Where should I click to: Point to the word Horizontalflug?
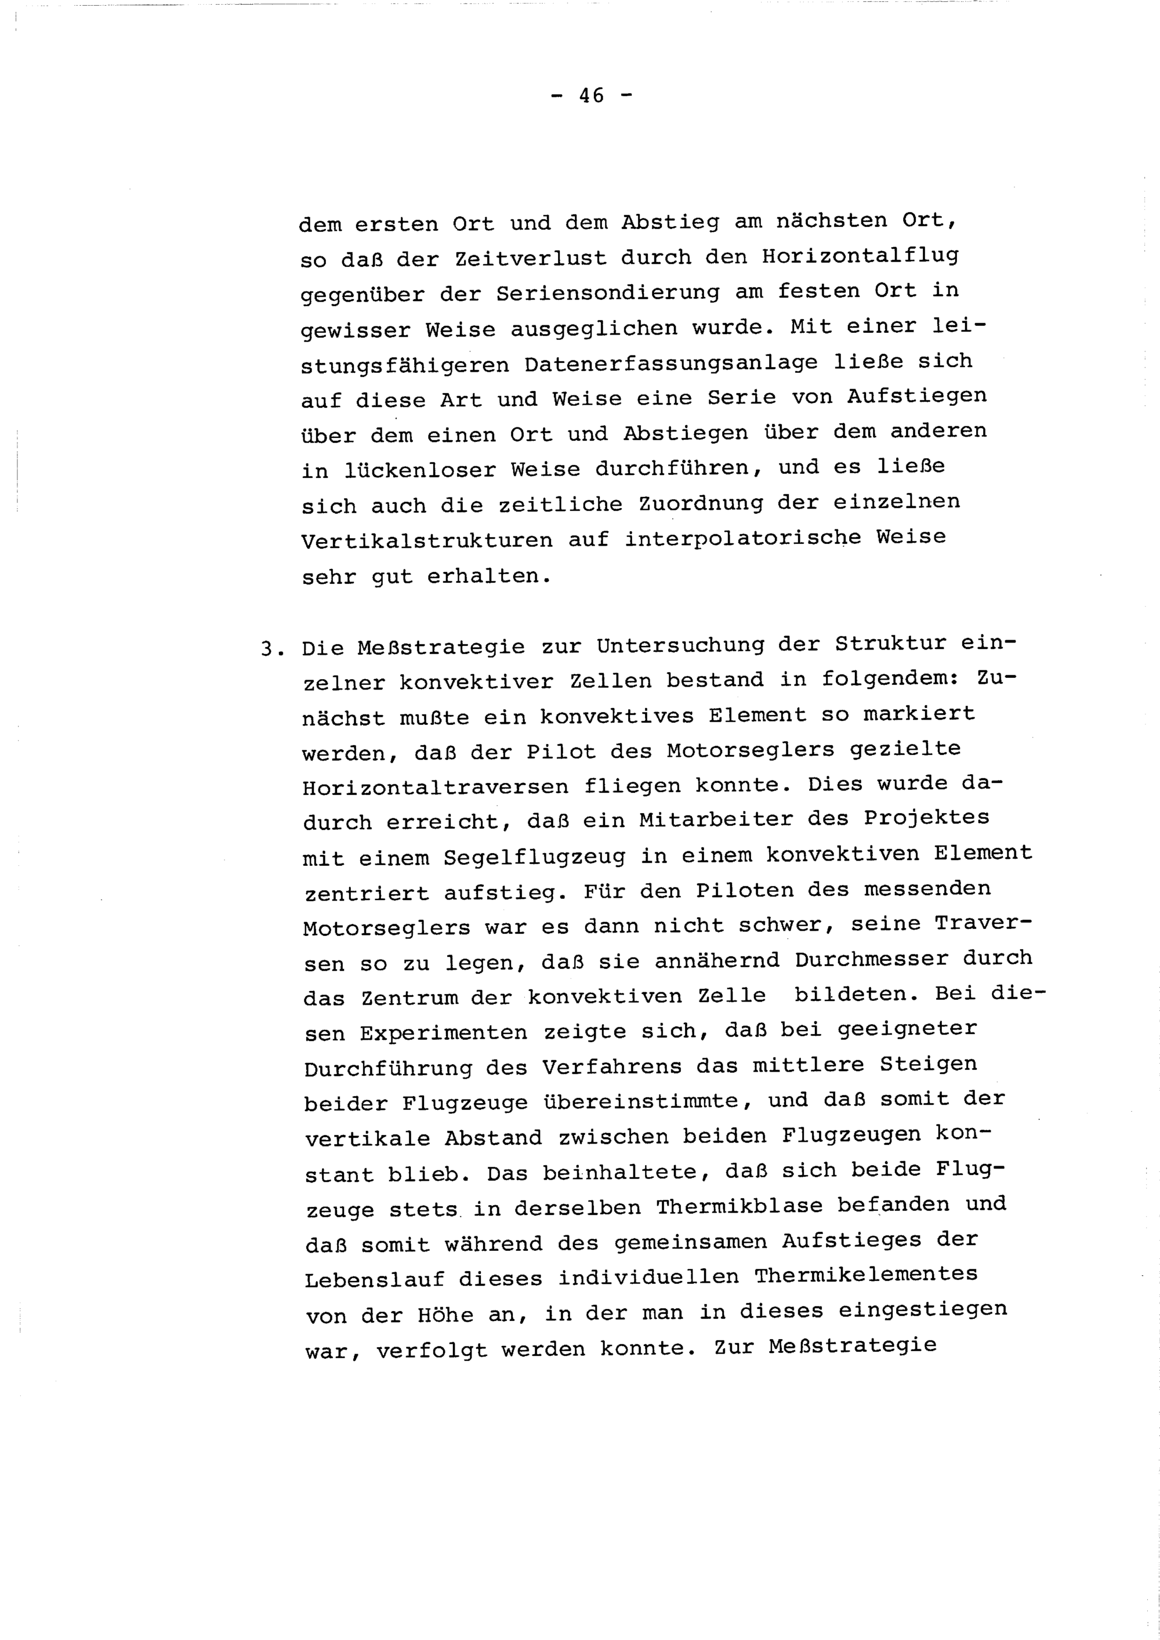coord(860,255)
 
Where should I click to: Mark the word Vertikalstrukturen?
coord(426,540)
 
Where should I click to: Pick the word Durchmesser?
coord(871,959)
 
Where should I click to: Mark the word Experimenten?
coord(444,1033)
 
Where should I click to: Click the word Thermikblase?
coord(739,1206)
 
